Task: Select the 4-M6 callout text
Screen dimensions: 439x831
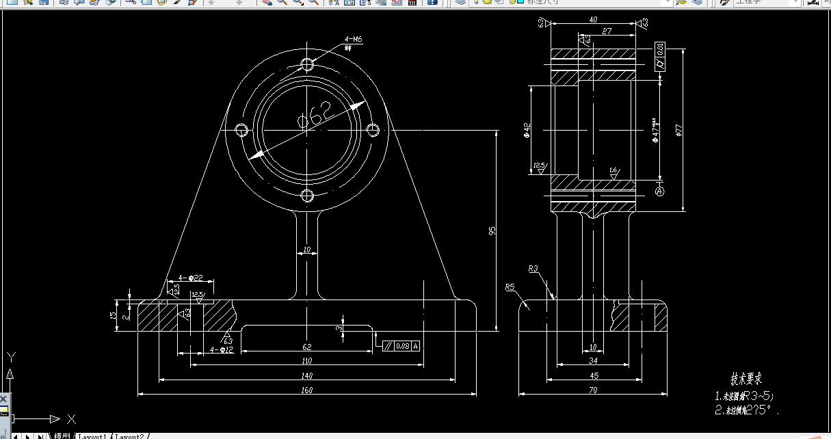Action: tap(354, 40)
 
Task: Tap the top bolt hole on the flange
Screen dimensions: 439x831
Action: tap(307, 64)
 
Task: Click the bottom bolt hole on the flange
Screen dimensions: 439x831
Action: tap(307, 196)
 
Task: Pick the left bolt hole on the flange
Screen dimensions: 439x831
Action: tap(241, 130)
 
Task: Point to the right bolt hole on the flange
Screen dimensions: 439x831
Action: tap(373, 130)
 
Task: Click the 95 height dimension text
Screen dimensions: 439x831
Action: tap(492, 231)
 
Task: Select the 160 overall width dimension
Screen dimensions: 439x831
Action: tap(306, 390)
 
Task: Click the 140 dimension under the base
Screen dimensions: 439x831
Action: tap(306, 375)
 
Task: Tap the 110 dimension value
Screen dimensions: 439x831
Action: tap(306, 360)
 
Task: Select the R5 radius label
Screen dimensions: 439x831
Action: tap(510, 287)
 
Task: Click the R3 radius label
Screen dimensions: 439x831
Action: tap(533, 269)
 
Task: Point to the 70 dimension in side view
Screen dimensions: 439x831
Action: tap(593, 390)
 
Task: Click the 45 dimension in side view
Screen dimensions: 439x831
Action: tap(594, 375)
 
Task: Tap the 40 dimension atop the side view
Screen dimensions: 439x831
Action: tap(593, 20)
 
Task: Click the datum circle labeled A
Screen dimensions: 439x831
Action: tap(660, 191)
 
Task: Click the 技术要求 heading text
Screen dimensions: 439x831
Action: tap(746, 379)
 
